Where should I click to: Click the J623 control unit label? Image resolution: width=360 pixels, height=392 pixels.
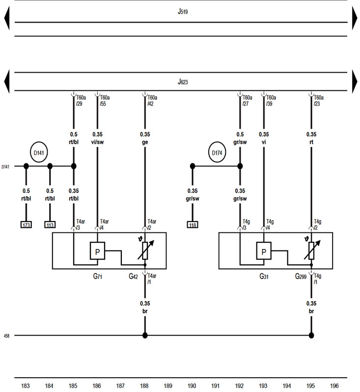(183, 82)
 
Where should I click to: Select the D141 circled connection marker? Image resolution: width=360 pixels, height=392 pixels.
(38, 153)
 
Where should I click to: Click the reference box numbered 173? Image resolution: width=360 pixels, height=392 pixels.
(26, 225)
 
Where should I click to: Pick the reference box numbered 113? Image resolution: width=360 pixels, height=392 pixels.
(50, 225)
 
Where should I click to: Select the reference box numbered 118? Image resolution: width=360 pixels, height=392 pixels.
(193, 225)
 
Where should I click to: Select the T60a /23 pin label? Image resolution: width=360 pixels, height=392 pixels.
(318, 101)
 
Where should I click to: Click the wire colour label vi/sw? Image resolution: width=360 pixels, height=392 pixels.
(97, 143)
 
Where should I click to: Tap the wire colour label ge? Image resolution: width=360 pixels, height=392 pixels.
(145, 143)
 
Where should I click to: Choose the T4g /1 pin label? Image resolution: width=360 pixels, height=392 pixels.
(318, 279)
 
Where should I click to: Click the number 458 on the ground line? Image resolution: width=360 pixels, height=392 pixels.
(6, 336)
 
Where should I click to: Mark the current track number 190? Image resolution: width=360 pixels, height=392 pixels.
(192, 386)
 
